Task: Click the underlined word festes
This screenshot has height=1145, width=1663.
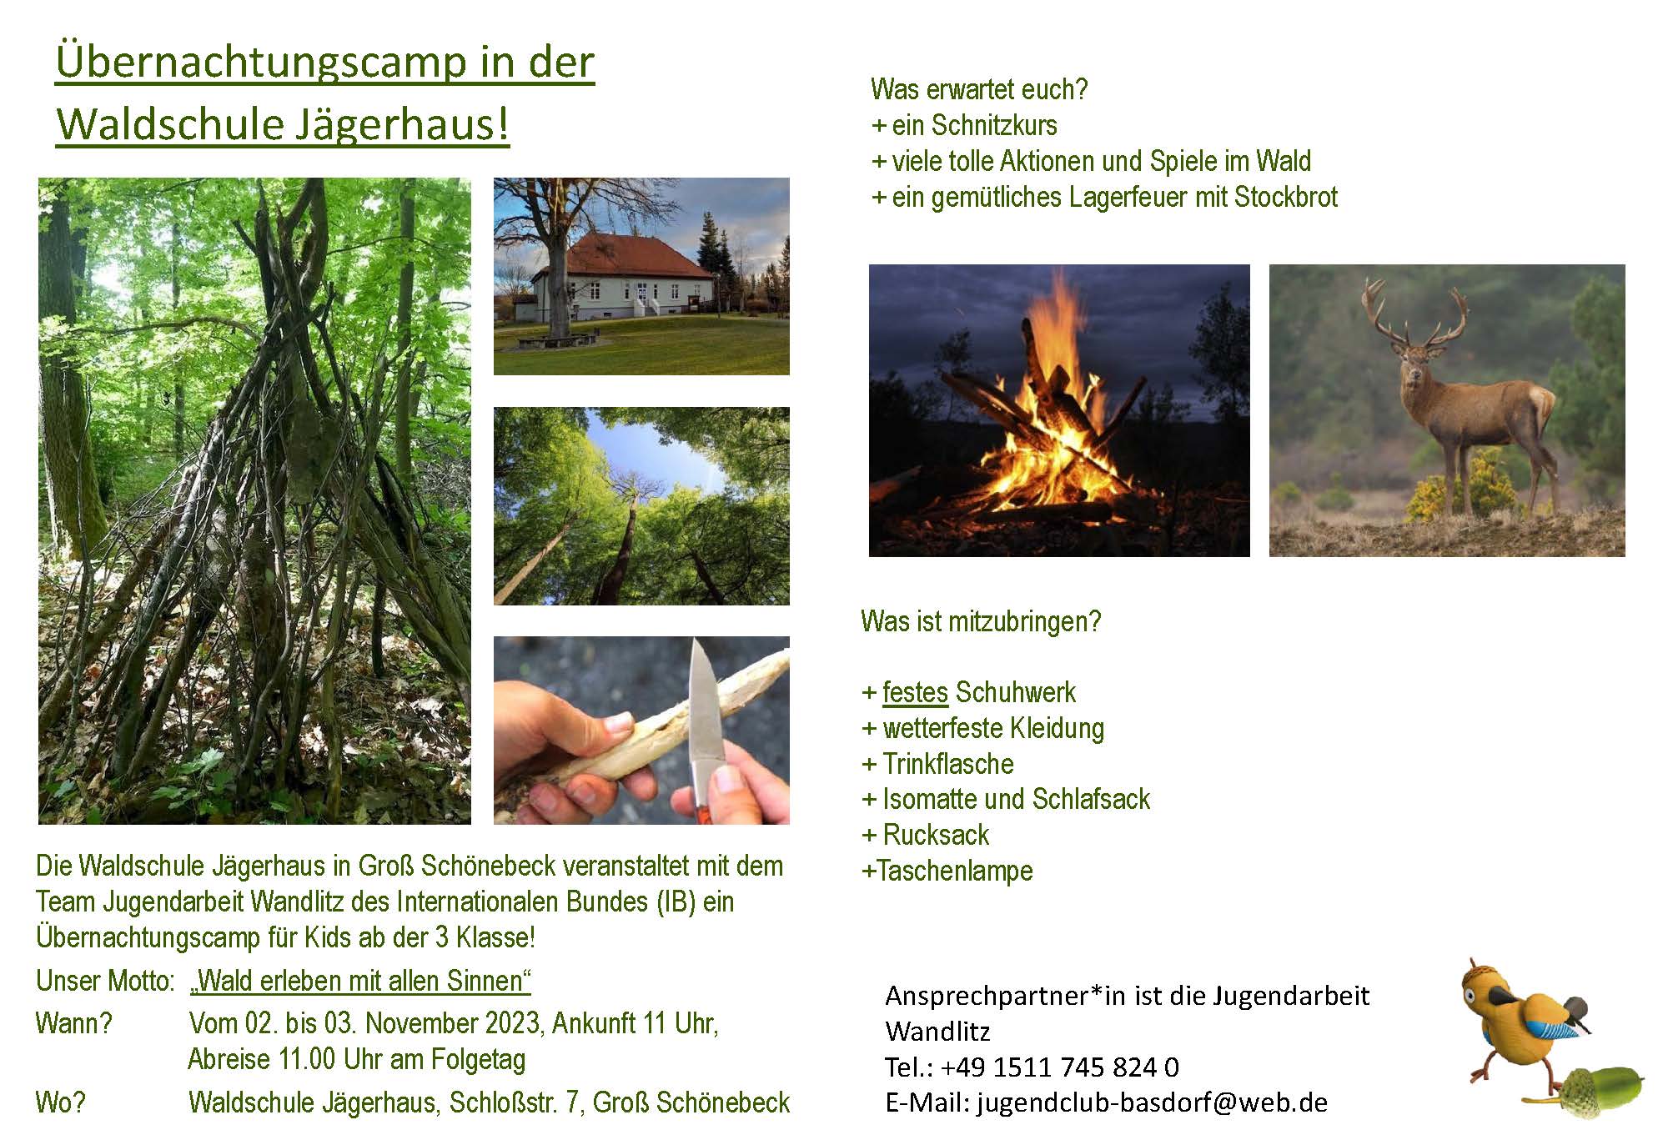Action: coord(915,692)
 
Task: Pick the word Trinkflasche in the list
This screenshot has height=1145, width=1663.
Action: coord(948,764)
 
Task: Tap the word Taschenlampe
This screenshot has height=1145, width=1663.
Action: coord(955,871)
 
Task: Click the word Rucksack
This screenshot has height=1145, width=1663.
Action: coord(936,835)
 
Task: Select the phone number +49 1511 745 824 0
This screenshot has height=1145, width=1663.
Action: coord(1060,1067)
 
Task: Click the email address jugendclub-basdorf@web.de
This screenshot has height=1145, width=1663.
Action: coord(1153,1102)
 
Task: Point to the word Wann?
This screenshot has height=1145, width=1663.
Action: coord(73,1023)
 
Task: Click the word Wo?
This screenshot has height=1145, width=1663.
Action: coord(60,1102)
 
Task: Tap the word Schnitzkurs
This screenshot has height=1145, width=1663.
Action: coord(994,125)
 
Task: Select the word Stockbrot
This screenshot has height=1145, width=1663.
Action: coord(1285,197)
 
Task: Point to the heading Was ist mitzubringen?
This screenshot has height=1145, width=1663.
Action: coord(981,621)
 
